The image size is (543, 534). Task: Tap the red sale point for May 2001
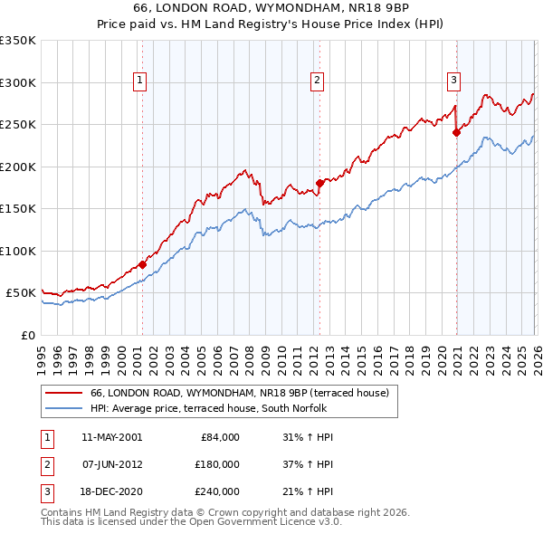[x=142, y=265]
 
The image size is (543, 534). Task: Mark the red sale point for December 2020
[x=456, y=133]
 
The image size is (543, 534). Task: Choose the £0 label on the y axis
[x=27, y=335]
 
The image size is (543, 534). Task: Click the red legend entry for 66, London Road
[x=239, y=393]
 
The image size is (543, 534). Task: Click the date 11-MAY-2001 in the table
[x=111, y=437]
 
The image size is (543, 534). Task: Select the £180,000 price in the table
[x=216, y=464]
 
